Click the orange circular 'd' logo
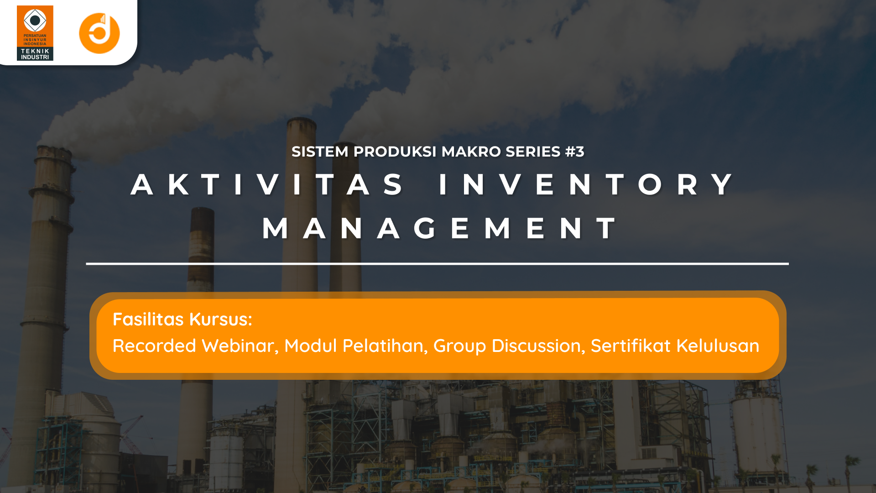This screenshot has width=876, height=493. coord(99,33)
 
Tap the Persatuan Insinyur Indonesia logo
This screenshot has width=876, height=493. coord(35,33)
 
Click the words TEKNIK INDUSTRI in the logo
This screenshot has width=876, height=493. coord(35,54)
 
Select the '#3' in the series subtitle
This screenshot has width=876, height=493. coord(574,152)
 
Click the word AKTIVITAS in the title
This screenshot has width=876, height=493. coord(267,184)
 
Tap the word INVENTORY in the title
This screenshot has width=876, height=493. coord(586,184)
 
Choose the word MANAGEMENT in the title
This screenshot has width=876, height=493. coord(439,228)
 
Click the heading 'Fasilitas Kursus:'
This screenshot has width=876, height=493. coord(182,320)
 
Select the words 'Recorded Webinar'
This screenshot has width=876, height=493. coord(195,346)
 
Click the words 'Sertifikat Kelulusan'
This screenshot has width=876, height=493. coord(675,346)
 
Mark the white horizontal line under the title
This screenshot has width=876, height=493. coord(437,264)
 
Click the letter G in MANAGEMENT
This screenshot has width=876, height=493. coord(425,228)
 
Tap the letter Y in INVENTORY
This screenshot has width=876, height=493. coord(722,184)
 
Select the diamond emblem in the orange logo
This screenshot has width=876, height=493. coord(35,20)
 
